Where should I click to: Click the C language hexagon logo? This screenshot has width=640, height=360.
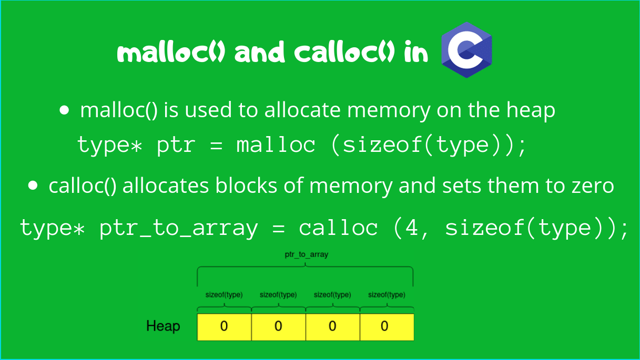coord(466,50)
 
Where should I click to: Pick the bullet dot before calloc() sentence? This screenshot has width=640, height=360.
coord(33,186)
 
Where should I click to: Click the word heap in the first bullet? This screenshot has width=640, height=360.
coord(531,110)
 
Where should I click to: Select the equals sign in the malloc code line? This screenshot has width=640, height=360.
coord(216,145)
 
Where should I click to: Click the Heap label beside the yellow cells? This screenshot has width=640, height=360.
coord(163,326)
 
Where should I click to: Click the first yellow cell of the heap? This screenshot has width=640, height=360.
coord(224,327)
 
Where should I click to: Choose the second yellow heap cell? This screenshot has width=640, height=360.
coord(278,327)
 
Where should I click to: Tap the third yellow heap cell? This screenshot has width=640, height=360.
coord(332,327)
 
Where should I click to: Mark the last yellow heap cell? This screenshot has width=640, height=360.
coord(387,327)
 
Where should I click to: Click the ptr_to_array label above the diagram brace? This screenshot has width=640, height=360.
coord(306,254)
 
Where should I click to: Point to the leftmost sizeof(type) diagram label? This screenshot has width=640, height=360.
coord(224,295)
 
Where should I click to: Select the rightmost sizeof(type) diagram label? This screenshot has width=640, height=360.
coord(387,295)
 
